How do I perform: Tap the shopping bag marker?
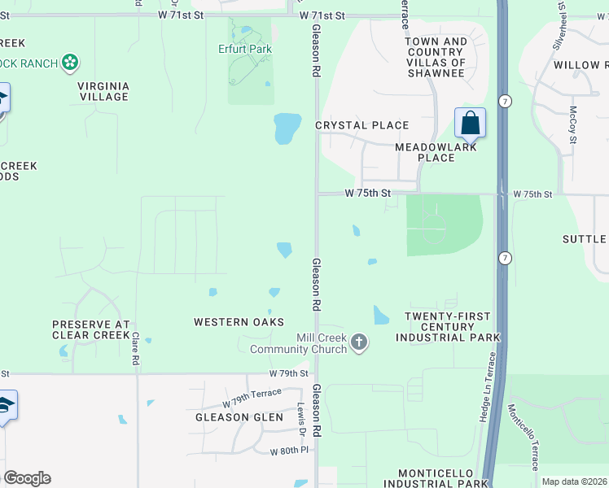tap(470, 124)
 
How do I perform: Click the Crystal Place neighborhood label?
tap(361, 125)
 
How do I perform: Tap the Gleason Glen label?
tap(239, 417)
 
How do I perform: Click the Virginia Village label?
tap(103, 90)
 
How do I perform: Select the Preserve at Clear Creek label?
tap(91, 329)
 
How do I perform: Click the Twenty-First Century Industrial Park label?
tap(447, 326)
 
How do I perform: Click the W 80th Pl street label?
tap(281, 450)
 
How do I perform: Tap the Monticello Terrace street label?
tap(524, 438)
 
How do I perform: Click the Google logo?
tap(27, 478)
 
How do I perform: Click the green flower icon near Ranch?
tap(71, 61)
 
